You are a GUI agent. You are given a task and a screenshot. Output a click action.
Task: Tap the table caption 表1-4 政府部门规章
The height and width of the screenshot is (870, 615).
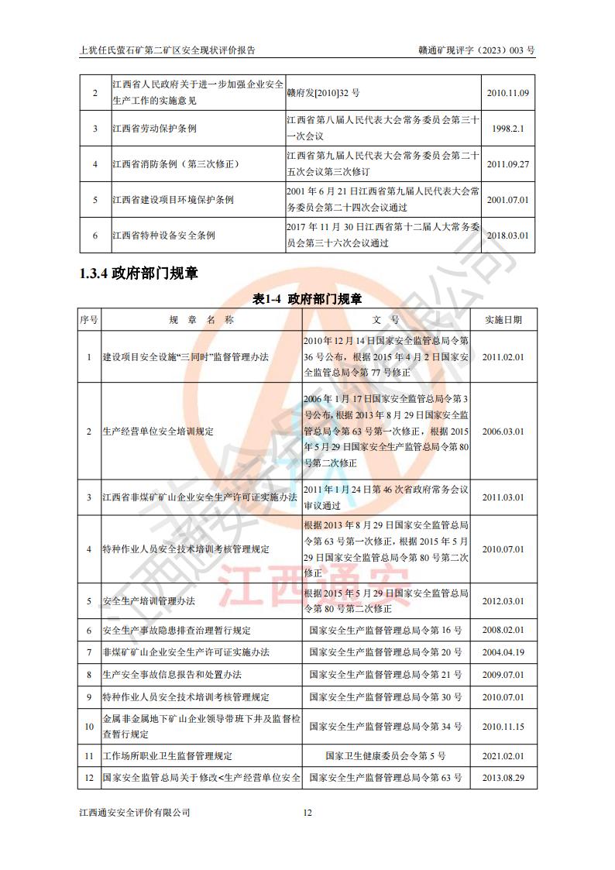click(307, 298)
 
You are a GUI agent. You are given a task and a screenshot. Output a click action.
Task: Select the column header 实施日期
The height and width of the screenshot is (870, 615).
click(503, 319)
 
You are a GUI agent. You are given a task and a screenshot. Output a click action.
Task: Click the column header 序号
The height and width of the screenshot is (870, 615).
click(88, 319)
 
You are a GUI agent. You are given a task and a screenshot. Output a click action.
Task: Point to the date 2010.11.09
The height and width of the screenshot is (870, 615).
click(507, 94)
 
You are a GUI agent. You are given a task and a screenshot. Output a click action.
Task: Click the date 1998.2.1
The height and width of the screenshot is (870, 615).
click(507, 129)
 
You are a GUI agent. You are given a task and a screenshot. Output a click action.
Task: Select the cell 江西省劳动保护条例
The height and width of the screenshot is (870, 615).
click(154, 129)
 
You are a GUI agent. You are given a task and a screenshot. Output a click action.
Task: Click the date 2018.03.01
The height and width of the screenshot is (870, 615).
click(507, 235)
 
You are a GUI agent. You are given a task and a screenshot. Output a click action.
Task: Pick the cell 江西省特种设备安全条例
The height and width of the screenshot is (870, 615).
click(163, 235)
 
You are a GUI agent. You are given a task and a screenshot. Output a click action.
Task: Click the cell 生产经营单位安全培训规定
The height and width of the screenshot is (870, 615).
click(158, 431)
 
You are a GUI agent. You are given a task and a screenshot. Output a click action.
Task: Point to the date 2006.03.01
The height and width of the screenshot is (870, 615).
click(503, 431)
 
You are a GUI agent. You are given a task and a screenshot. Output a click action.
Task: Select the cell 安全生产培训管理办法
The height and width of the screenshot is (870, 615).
click(149, 601)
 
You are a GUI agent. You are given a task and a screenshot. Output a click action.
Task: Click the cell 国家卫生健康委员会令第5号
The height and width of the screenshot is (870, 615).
click(385, 755)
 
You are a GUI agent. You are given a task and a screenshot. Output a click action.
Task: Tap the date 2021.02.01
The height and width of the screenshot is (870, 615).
click(503, 755)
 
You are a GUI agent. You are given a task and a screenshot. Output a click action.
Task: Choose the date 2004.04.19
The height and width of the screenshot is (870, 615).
click(503, 652)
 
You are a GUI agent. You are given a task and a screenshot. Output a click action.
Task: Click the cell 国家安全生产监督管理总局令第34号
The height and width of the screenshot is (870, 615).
click(385, 727)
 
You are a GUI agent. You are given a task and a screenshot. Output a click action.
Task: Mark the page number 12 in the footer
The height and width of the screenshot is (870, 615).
click(307, 813)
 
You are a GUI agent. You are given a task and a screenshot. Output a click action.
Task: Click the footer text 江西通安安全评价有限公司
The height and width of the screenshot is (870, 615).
click(135, 813)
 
